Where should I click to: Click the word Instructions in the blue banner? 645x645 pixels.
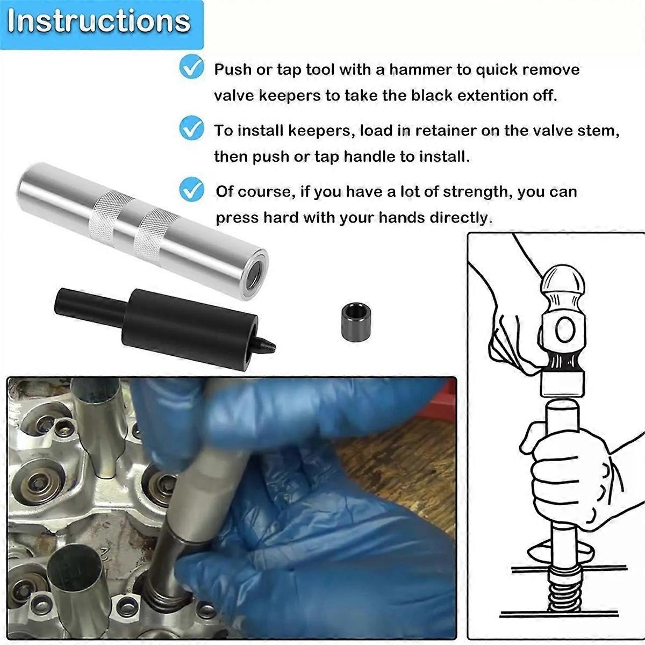[99, 21]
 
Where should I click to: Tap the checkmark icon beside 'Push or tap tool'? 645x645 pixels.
[192, 67]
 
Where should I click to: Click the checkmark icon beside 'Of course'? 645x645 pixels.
[192, 189]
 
